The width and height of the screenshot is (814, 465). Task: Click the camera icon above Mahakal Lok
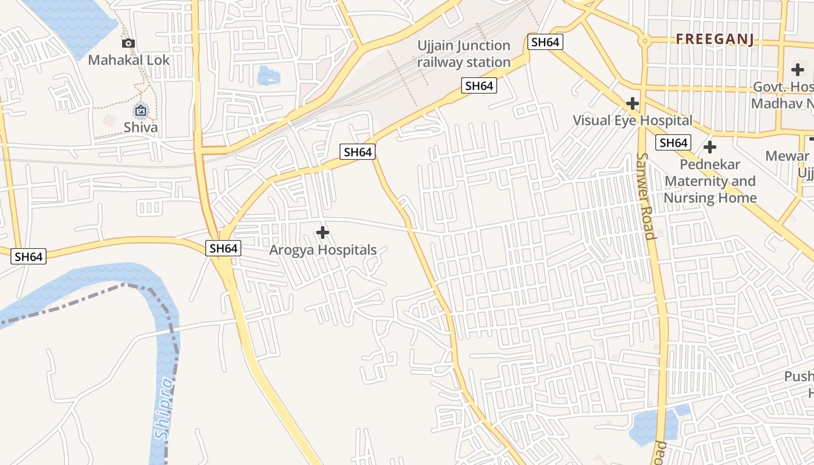[128, 43]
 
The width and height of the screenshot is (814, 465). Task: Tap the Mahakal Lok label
[129, 60]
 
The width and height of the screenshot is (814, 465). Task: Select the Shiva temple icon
[140, 110]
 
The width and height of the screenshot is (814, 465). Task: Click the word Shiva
[140, 127]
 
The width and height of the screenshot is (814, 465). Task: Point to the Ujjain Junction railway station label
[464, 53]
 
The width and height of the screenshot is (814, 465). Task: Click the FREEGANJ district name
[715, 40]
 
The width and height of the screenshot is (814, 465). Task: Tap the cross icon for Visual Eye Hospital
[632, 104]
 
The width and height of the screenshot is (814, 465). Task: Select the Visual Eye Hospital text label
[633, 120]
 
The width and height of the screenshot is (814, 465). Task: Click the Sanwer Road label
[645, 196]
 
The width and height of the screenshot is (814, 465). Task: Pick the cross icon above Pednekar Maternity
[709, 147]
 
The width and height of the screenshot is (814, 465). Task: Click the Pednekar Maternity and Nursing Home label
[711, 181]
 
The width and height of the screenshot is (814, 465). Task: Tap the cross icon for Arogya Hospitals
[322, 233]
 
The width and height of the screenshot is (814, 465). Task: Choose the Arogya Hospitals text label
[323, 250]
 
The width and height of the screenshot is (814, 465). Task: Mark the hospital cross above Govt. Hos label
[798, 70]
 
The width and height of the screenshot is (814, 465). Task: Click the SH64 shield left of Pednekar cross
[673, 142]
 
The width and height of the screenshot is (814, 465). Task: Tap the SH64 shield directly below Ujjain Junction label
[479, 86]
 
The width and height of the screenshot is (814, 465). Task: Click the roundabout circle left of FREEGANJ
[644, 41]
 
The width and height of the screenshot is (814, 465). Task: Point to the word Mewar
[787, 156]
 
